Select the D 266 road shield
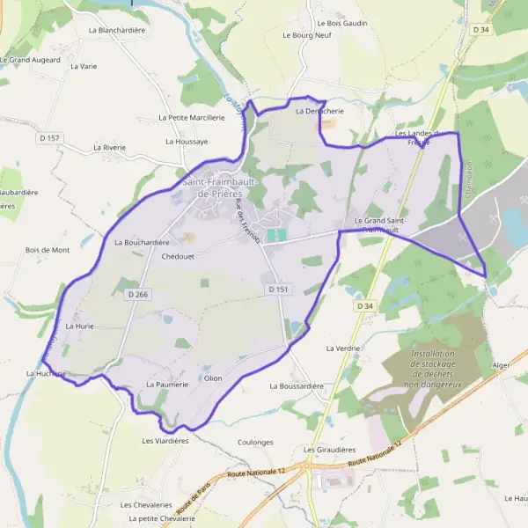[x=136, y=294]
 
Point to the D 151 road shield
[x=277, y=289]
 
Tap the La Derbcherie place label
[x=319, y=112]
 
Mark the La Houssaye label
[x=187, y=141]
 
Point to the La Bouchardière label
[x=142, y=242]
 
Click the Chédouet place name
[x=178, y=257]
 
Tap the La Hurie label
[x=79, y=326]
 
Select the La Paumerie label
[x=163, y=385]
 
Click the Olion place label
[x=213, y=378]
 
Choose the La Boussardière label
[x=297, y=385]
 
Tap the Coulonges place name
[x=256, y=443]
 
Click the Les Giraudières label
[x=328, y=450]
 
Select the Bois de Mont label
[x=48, y=250]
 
